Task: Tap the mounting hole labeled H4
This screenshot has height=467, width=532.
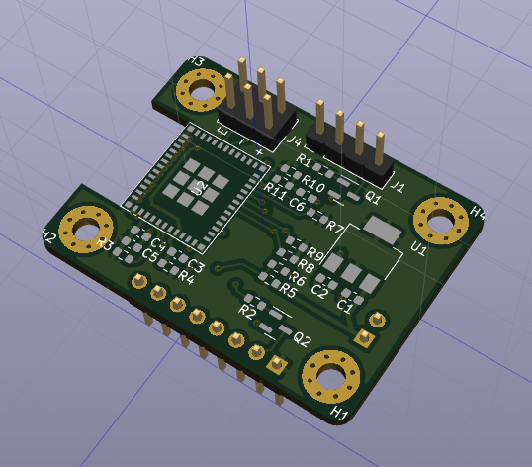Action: [x=438, y=220]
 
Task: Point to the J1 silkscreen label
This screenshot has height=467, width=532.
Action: [x=399, y=185]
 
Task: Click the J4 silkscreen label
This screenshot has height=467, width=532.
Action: [x=294, y=142]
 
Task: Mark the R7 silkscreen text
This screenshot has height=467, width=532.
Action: [x=333, y=229]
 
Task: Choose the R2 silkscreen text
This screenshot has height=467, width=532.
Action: [x=248, y=311]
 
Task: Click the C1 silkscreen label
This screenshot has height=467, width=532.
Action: [x=345, y=305]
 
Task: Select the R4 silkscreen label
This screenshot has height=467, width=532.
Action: [x=185, y=275]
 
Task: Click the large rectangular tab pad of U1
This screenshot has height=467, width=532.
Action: [x=382, y=230]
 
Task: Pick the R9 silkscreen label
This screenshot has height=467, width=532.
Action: [x=316, y=254]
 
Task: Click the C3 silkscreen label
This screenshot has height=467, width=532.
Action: [x=196, y=266]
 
